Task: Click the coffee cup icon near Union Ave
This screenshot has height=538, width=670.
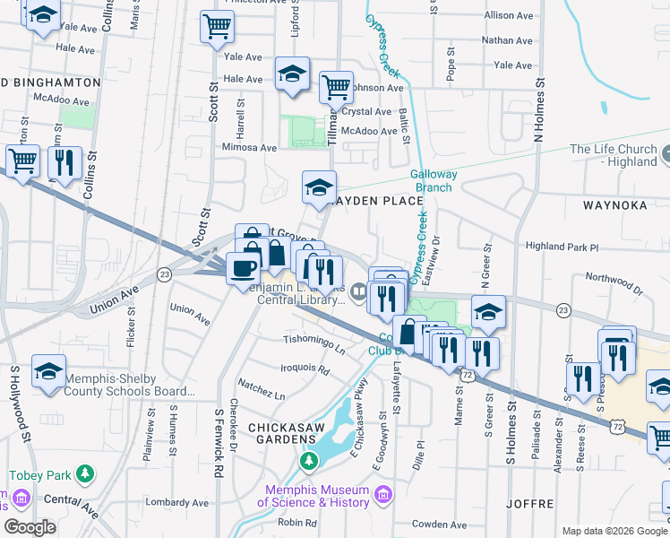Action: click(242, 267)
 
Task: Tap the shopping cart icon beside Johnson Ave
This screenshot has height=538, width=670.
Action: click(336, 88)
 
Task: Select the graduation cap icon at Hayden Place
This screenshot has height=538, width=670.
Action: click(319, 187)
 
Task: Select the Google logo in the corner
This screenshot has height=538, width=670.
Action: click(30, 527)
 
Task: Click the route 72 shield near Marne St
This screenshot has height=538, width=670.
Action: click(468, 375)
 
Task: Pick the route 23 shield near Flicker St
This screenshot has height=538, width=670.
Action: click(163, 274)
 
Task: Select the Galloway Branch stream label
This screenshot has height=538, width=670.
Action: click(434, 181)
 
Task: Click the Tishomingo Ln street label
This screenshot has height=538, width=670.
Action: click(314, 341)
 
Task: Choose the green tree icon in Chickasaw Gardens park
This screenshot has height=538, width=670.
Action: click(309, 461)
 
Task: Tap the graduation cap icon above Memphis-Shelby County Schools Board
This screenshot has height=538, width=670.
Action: click(48, 371)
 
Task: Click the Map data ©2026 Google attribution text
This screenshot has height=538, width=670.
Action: click(614, 531)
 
